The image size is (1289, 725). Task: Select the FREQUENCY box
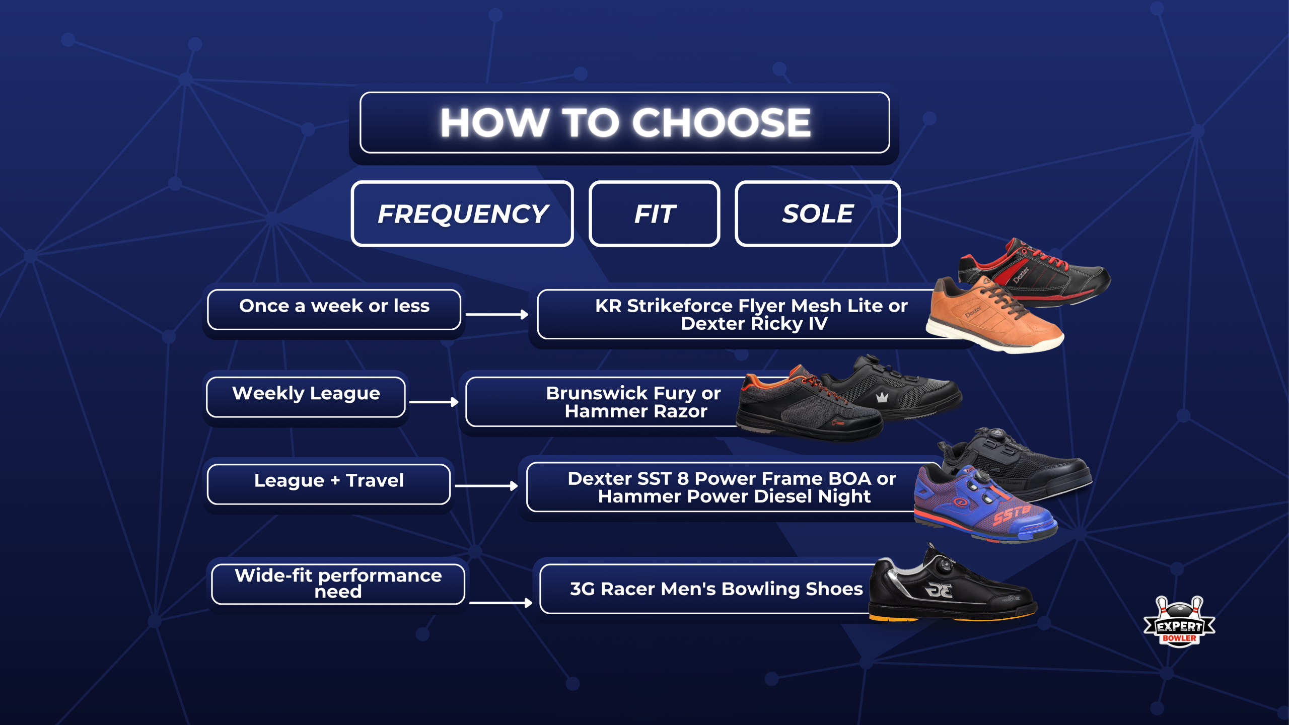coord(462,213)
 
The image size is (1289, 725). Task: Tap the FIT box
coord(654,213)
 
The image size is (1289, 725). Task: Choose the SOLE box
coord(817,213)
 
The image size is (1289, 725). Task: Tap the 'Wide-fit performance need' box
coord(338,583)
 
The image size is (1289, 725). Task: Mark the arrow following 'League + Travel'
coord(486,486)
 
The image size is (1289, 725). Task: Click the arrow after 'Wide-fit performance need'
coord(500,603)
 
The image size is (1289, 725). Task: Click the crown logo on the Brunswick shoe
coord(882,397)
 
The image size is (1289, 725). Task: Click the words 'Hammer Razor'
coord(636,411)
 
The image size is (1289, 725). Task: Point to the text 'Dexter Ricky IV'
coord(754,323)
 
